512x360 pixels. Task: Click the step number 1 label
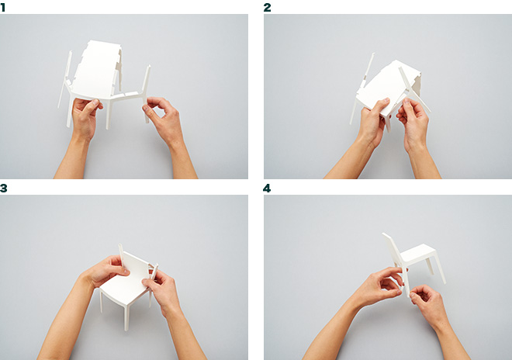[x=2, y=7]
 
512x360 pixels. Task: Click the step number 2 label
[x=267, y=7]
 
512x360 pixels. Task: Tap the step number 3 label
[x=3, y=189]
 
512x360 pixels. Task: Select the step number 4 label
[x=267, y=189]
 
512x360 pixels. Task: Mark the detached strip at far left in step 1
[x=64, y=79]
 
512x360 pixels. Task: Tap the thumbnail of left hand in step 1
[x=95, y=102]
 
